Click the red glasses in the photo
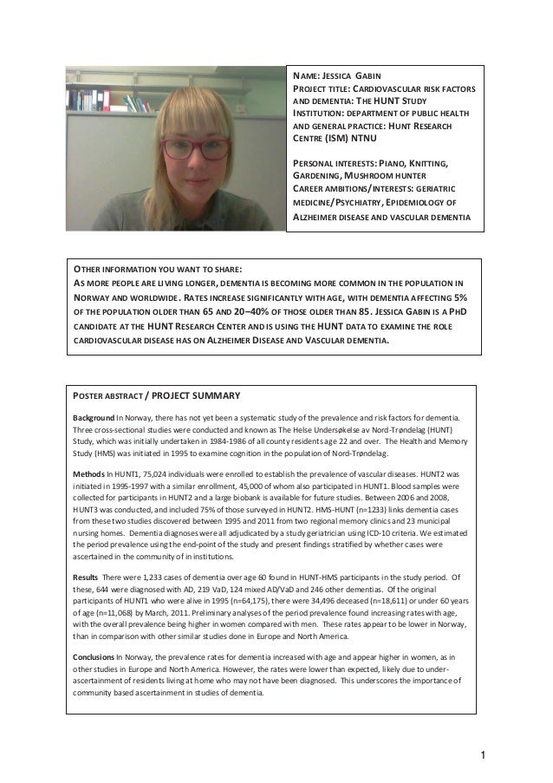(183, 147)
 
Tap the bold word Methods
(87, 474)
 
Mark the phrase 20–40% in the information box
(243, 311)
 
